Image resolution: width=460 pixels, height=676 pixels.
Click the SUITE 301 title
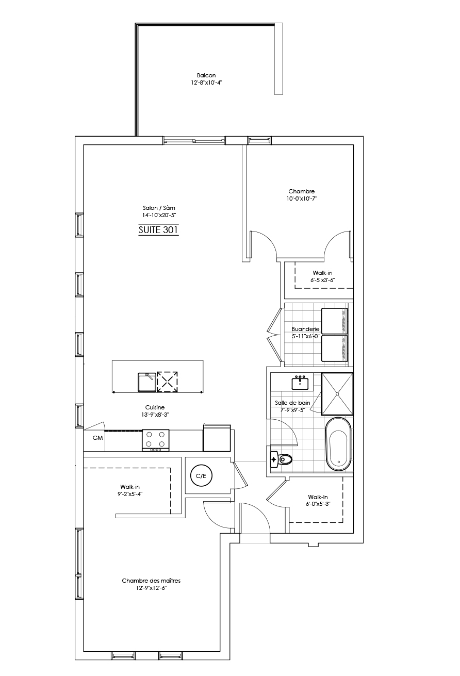[x=158, y=230]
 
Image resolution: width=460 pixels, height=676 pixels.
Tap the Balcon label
[x=206, y=75]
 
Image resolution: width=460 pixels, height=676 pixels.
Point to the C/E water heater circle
[x=201, y=476]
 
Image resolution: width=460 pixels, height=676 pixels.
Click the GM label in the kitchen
[x=98, y=438]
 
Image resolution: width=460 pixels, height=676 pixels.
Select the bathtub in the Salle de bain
[x=339, y=443]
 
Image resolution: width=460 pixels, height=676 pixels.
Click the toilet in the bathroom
[x=281, y=459]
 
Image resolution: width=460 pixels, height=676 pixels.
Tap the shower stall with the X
[x=337, y=394]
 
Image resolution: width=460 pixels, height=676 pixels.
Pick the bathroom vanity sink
[x=300, y=383]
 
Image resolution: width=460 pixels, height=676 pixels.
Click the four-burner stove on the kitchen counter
[x=155, y=440]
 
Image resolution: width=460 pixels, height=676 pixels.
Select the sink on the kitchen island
[x=146, y=382]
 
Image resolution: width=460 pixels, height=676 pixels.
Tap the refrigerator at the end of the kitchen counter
[x=217, y=438]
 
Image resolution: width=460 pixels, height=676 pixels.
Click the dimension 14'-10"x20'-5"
[x=159, y=215]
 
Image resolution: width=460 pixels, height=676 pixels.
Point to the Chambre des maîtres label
[x=151, y=581]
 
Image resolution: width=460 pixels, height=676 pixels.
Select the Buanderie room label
[x=305, y=329]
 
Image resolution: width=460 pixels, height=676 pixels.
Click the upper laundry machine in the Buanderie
[x=335, y=321]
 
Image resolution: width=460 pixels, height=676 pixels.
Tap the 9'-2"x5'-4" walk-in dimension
[x=130, y=494]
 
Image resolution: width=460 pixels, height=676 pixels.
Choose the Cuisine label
[x=155, y=407]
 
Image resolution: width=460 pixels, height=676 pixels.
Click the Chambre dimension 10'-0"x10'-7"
[x=302, y=199]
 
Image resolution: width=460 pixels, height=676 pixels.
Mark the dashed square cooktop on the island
[x=167, y=382]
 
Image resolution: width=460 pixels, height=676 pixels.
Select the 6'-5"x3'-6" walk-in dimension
[x=323, y=280]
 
